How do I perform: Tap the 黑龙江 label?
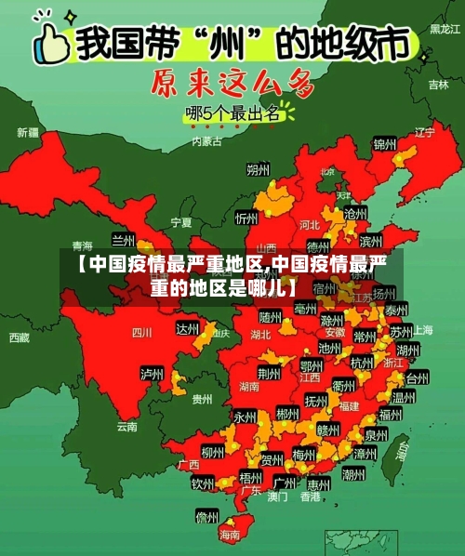tap(444, 29)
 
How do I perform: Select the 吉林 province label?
tap(438, 84)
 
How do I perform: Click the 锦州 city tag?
tap(384, 144)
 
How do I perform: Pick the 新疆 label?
tap(29, 133)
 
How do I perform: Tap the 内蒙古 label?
tap(206, 141)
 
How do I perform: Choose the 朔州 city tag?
tap(258, 170)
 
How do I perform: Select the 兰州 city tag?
tap(124, 240)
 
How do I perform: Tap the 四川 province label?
tap(141, 332)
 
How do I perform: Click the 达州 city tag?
tap(188, 329)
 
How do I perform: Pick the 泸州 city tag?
tap(151, 374)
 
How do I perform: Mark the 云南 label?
tap(127, 427)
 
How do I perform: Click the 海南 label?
tap(229, 535)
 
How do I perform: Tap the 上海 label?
tap(423, 330)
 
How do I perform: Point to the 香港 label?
tap(310, 497)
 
